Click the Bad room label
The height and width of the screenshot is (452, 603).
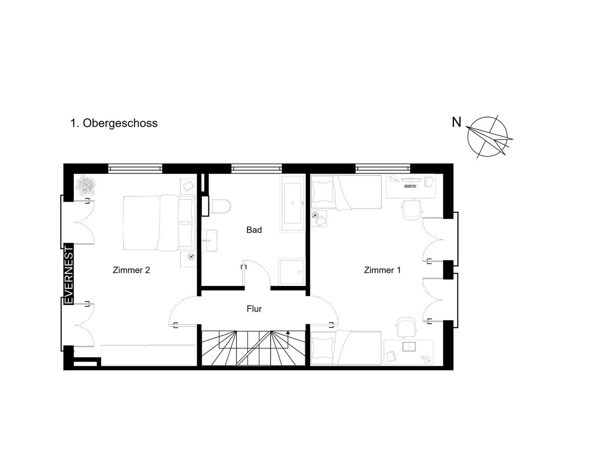coord(254,230)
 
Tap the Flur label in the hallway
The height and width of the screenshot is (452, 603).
coord(254,309)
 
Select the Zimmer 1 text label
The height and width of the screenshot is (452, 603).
coord(382,270)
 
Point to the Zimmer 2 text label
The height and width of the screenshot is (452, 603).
coord(131,270)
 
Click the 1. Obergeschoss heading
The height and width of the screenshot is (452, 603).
coord(114,123)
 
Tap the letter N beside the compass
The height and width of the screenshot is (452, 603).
coord(456,122)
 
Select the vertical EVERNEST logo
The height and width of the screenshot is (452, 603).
coord(68,274)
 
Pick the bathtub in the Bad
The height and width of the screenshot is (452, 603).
coord(293,204)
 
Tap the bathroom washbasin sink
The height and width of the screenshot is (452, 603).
coord(209,240)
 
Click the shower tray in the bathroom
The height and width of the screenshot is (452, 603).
coord(292,272)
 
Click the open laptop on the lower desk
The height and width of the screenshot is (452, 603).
coord(409,347)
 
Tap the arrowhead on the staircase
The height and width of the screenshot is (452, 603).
coord(288,332)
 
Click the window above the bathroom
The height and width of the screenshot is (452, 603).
coord(257,168)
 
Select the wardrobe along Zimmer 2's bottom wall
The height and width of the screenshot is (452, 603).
coord(148,355)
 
